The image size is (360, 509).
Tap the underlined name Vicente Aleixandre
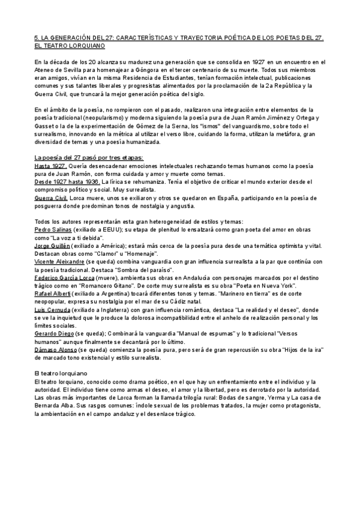pos(59,262)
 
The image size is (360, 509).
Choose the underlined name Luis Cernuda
pos(50,310)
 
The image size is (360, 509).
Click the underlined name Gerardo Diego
pos(52,333)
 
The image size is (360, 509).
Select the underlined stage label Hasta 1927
pos(50,166)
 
